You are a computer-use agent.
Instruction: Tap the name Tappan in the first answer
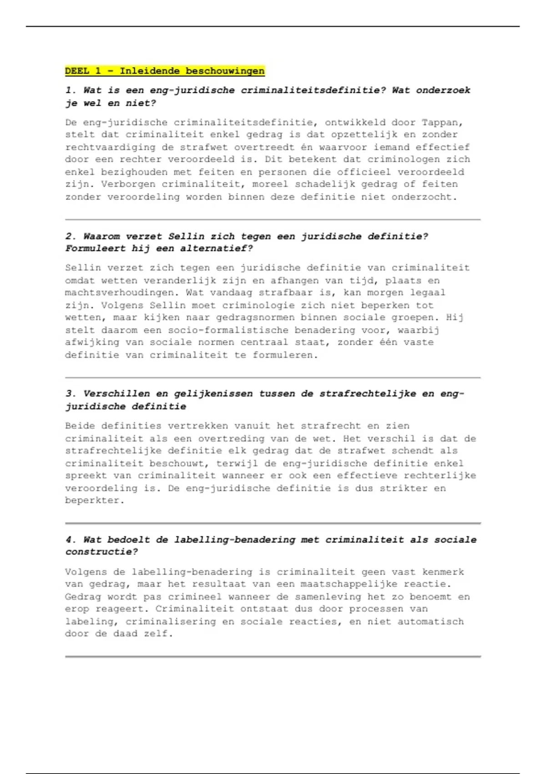[441, 122]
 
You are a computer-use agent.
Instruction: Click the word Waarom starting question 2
[101, 236]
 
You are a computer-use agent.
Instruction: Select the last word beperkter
[94, 500]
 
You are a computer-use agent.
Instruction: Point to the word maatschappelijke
[349, 584]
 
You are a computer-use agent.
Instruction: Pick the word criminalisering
[171, 621]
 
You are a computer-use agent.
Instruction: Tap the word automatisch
[430, 621]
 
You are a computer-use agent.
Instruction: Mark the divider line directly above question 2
[273, 219]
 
